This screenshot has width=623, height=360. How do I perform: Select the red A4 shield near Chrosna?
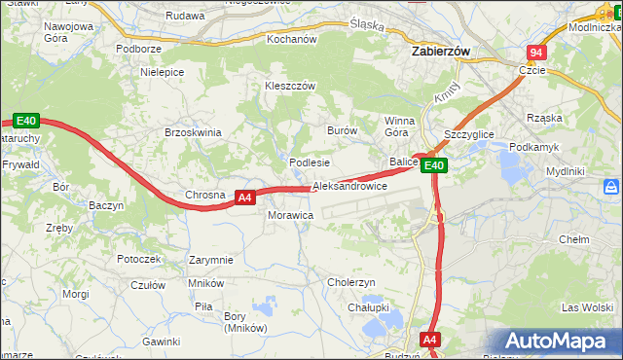click(x=245, y=198)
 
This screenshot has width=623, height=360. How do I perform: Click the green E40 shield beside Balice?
click(x=434, y=165)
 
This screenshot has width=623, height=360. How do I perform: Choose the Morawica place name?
click(x=290, y=214)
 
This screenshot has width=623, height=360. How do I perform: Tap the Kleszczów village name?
click(x=290, y=86)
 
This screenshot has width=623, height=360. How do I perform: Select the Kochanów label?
click(x=292, y=40)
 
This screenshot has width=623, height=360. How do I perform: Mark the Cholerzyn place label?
click(x=351, y=282)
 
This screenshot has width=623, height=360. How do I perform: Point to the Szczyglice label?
click(x=469, y=135)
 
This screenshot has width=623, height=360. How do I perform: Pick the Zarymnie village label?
click(x=211, y=260)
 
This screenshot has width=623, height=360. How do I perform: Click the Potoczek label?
click(x=138, y=259)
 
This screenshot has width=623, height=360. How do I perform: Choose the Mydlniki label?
click(x=565, y=171)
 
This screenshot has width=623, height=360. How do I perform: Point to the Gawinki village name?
click(x=161, y=342)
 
